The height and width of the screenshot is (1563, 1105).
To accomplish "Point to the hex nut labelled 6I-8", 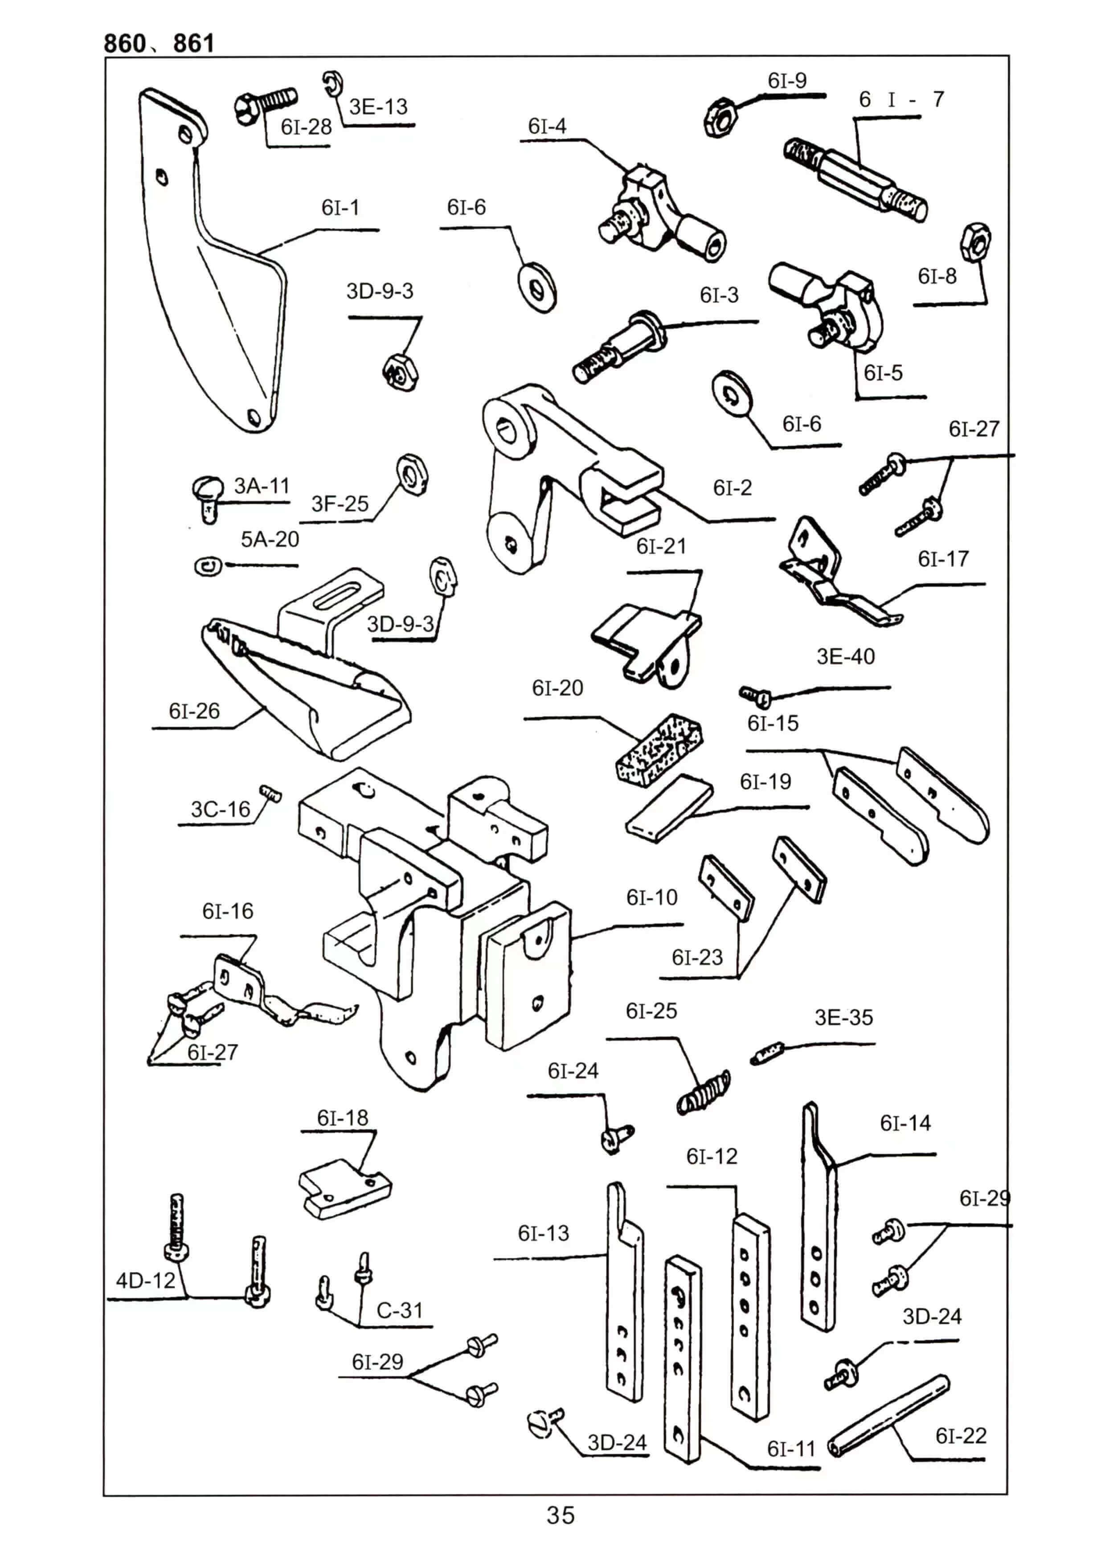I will point(975,241).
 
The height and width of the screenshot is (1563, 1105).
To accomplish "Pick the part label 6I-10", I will point(651,897).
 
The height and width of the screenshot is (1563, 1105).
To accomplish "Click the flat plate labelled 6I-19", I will point(669,808).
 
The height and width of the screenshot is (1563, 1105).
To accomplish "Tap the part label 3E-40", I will point(846,656).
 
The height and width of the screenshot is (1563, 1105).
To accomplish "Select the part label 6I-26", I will point(194,711).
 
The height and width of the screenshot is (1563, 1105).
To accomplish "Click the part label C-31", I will point(400,1310).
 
